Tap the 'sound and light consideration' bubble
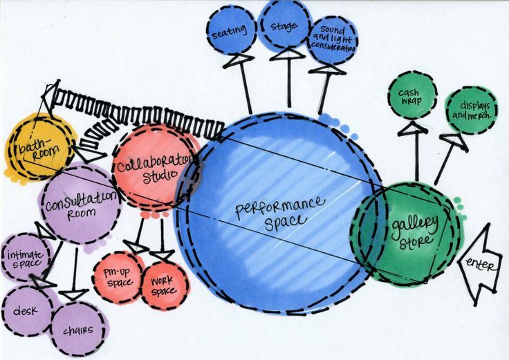click(333, 39)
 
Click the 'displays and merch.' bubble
click(472, 111)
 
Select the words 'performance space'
click(279, 214)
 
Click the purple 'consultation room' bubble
click(79, 205)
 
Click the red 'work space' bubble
click(163, 283)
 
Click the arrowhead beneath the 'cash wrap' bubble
click(412, 127)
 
